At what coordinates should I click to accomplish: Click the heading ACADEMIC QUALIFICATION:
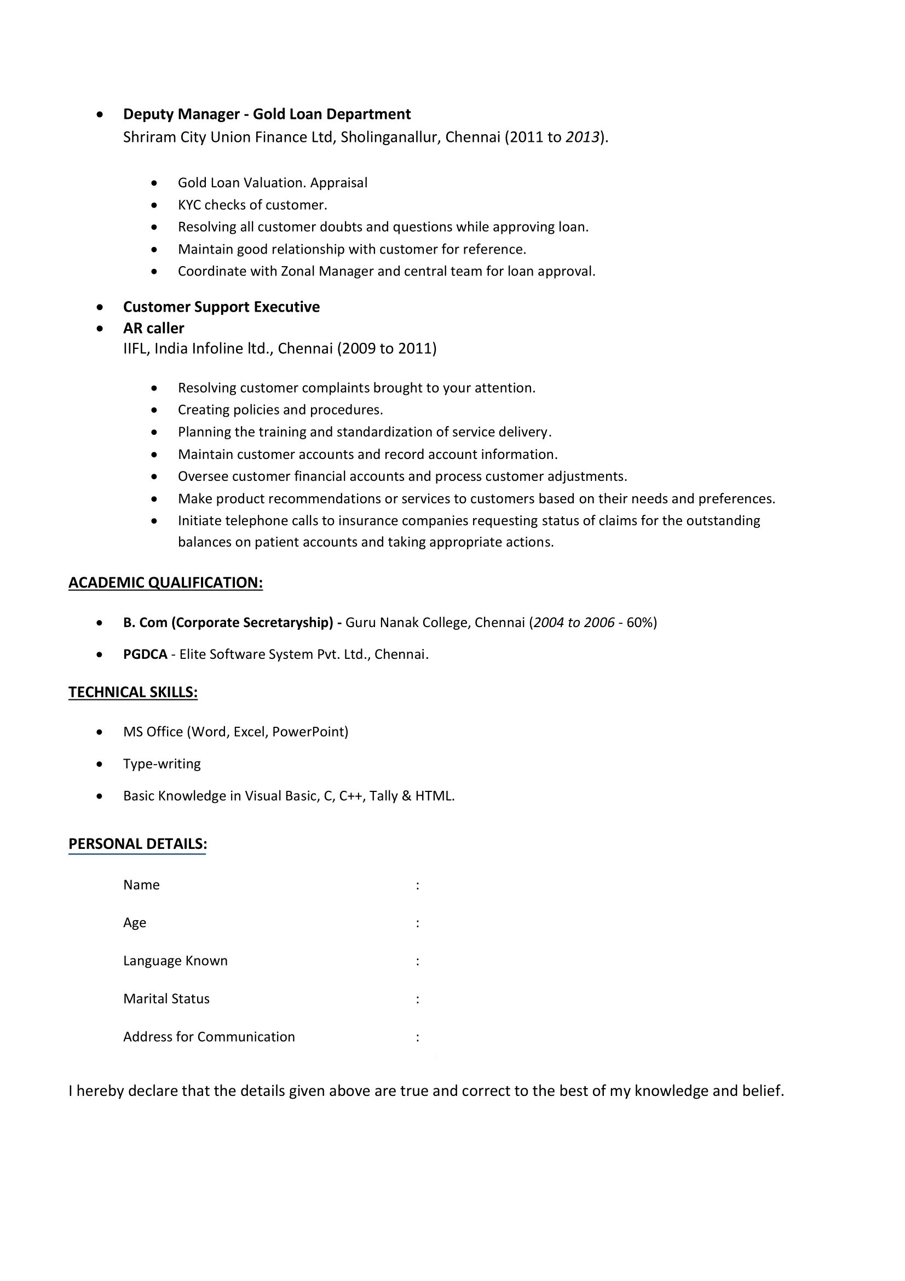(x=165, y=583)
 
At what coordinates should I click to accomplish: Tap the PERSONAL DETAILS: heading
(x=137, y=843)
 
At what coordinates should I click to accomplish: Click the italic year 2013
(x=582, y=137)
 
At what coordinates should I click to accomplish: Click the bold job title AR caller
(x=153, y=328)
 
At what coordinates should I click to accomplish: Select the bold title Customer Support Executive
(x=221, y=307)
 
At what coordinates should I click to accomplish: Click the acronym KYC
(x=189, y=205)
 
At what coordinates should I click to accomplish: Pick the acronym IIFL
(x=135, y=349)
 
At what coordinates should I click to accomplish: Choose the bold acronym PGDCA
(x=145, y=654)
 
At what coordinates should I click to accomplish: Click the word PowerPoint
(x=309, y=732)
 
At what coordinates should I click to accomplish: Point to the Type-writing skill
(x=162, y=764)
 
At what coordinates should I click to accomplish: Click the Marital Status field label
(x=166, y=999)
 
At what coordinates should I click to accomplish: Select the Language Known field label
(x=175, y=961)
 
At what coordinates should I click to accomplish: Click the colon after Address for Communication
(x=417, y=1038)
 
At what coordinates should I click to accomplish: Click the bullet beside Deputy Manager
(x=100, y=115)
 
